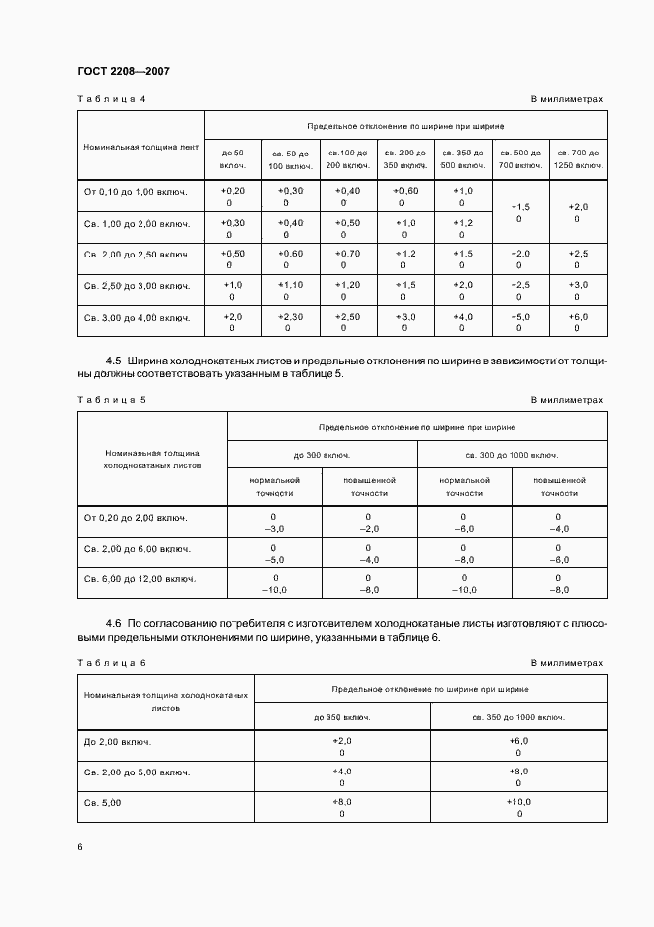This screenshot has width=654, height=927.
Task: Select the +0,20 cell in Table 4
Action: pos(232,190)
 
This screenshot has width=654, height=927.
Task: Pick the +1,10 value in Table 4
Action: pos(289,285)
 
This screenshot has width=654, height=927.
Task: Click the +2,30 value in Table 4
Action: pos(289,317)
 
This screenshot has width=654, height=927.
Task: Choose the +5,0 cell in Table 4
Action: pos(519,317)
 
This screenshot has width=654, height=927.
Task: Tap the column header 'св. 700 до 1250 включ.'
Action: pos(577,158)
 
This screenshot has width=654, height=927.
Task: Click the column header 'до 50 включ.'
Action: pos(232,158)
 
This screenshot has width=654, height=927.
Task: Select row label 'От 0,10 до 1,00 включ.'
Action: pos(137,191)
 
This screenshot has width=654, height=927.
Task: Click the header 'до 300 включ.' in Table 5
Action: pos(322,456)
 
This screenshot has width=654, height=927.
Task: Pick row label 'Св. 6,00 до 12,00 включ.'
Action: pos(140,578)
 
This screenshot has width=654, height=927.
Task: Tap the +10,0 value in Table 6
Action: pos(518,802)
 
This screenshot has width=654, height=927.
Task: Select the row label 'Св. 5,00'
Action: pos(103,802)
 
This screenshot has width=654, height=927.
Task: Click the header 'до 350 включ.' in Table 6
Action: pos(342,716)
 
